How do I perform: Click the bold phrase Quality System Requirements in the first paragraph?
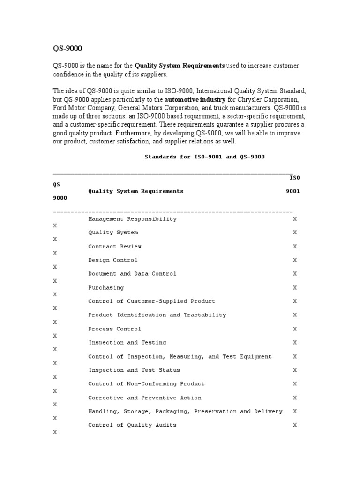click(x=180, y=66)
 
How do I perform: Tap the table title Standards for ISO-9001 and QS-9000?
click(x=204, y=157)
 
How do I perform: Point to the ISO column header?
click(x=294, y=178)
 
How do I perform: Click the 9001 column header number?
click(x=293, y=191)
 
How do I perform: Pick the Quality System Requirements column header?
click(x=136, y=191)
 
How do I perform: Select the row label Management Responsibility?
click(x=133, y=219)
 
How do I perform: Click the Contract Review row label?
click(x=115, y=247)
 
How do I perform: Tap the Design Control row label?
click(x=113, y=260)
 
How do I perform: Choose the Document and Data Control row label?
click(x=133, y=274)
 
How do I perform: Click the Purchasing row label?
click(x=106, y=288)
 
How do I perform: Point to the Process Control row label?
click(x=115, y=329)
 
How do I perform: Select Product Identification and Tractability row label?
click(x=157, y=315)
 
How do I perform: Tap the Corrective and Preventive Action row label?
click(x=145, y=398)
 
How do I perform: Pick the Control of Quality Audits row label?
click(x=133, y=425)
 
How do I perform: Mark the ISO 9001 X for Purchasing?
click(x=295, y=288)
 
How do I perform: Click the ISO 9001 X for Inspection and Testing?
click(x=295, y=343)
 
